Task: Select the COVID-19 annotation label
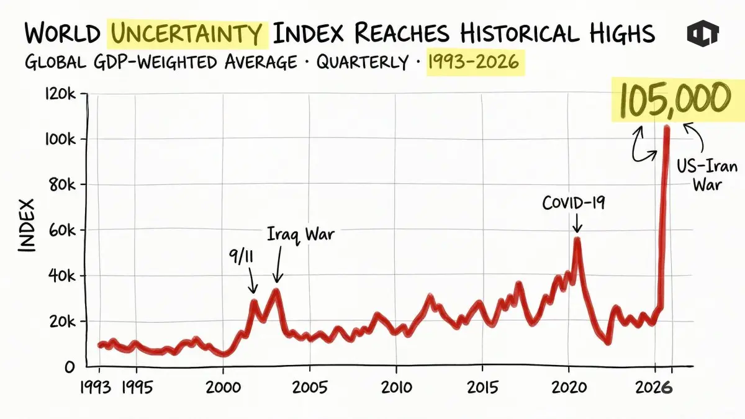573,203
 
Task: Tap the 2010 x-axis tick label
395,387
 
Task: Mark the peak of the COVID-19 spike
577,238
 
